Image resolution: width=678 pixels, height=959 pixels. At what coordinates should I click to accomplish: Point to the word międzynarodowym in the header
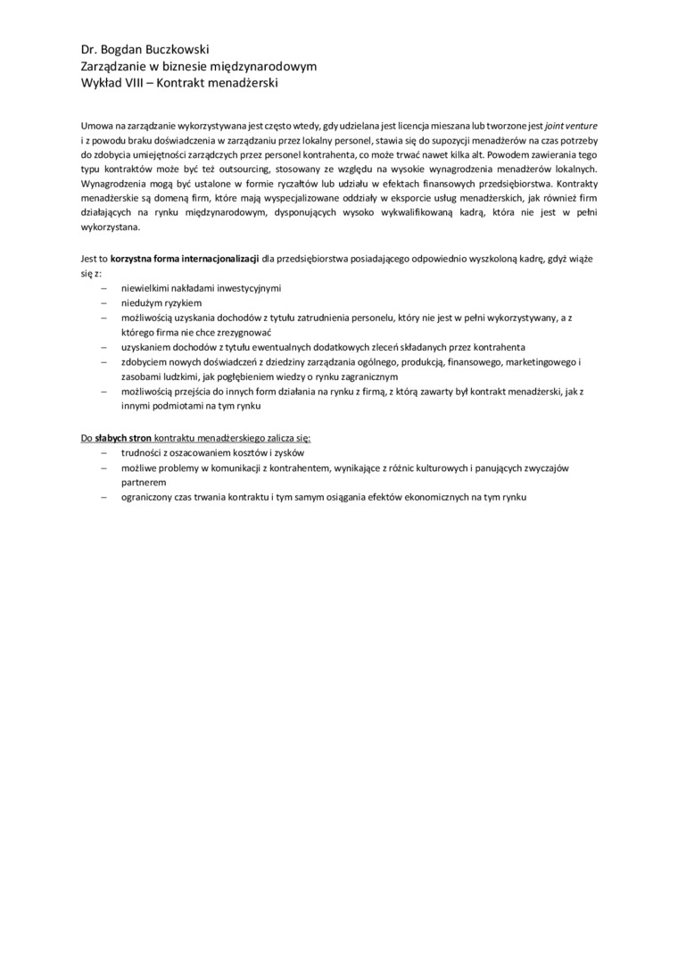[x=272, y=67]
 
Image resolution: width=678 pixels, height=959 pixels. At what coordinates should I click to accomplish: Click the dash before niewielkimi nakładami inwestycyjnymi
[x=103, y=289]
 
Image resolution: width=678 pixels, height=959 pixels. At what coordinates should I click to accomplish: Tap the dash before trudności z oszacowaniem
[x=103, y=453]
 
